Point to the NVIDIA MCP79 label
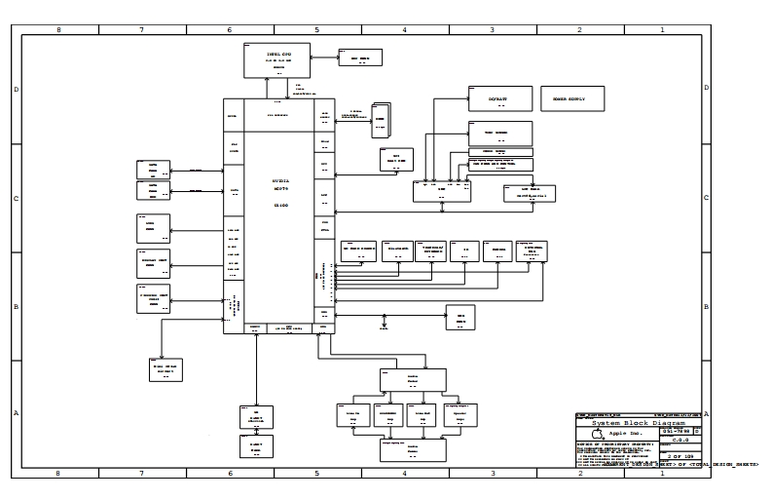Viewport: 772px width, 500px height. [280, 183]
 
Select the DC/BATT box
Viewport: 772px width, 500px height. [499, 98]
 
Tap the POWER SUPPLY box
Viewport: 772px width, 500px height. [571, 98]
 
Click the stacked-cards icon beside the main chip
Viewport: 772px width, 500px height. [381, 120]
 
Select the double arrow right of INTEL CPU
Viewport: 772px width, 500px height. [325, 58]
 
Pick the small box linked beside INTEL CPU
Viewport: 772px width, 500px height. [360, 58]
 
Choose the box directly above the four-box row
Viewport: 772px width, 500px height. [412, 379]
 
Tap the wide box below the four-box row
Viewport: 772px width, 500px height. [412, 450]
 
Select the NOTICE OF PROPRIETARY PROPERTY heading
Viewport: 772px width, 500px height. [613, 444]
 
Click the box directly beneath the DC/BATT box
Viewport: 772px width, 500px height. [499, 134]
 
